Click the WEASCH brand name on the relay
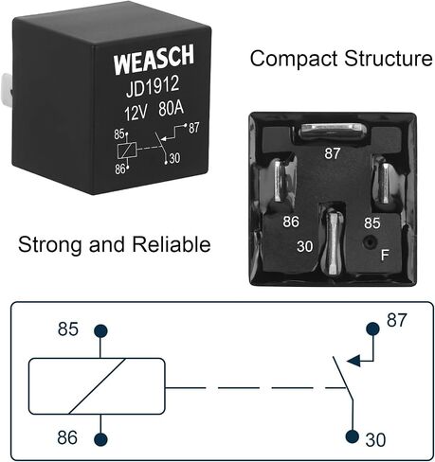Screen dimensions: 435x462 point(154,60)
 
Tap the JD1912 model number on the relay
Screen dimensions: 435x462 point(153,87)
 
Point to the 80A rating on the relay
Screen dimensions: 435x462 point(171,109)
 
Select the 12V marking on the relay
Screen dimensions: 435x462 point(136,113)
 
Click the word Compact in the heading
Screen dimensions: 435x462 point(294,59)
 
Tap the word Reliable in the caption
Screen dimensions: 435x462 point(172,244)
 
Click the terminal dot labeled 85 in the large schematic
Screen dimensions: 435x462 point(100,331)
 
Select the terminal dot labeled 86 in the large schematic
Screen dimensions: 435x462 point(100,439)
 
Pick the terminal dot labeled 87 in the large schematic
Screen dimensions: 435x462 point(372,329)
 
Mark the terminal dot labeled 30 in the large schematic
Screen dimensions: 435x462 point(353,436)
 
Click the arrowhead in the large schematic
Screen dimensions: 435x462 point(353,361)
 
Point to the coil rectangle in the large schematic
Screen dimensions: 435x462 point(97,386)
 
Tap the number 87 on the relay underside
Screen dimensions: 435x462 point(332,153)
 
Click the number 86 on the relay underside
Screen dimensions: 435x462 point(291,222)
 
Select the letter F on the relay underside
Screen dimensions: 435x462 point(385,255)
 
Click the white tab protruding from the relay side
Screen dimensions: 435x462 point(7,89)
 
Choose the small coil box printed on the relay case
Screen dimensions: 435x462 point(127,151)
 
